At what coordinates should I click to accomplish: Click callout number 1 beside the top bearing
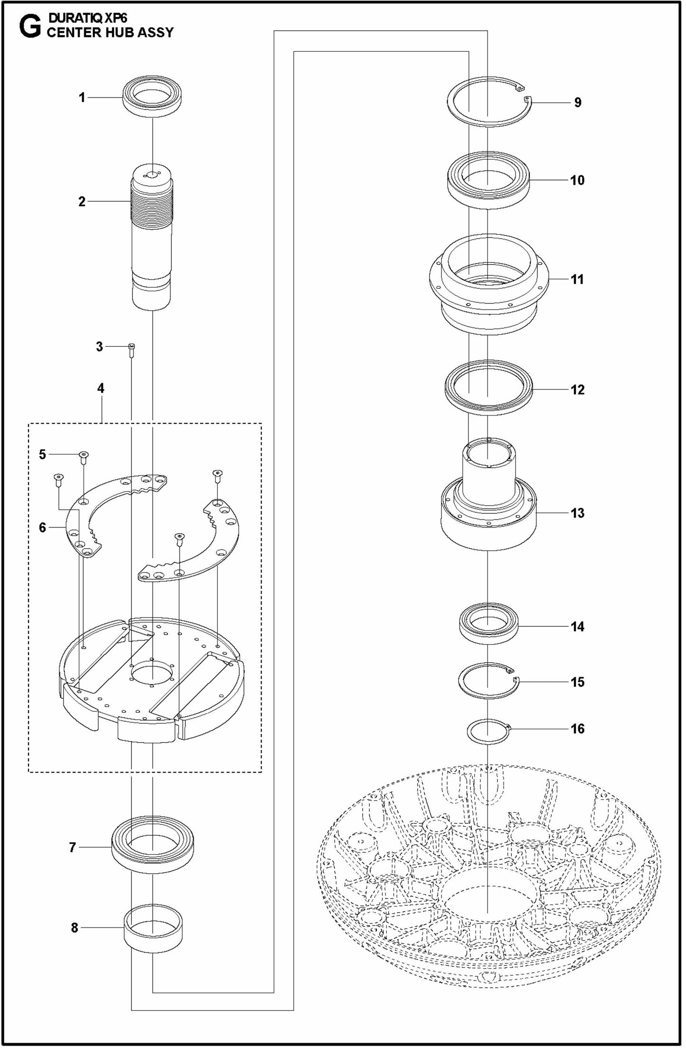coord(82,98)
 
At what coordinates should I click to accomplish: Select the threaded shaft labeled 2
coord(151,237)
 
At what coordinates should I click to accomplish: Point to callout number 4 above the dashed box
coord(101,388)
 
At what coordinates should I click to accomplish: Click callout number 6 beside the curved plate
coord(43,528)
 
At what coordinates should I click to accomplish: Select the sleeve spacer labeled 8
coord(153,928)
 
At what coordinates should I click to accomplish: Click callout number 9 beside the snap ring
coord(577,103)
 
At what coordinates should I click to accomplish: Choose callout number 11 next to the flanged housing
coord(577,279)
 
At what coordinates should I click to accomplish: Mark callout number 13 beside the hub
coord(577,513)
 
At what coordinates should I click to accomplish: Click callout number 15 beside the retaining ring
coord(577,682)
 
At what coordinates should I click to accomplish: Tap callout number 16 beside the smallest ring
coord(577,728)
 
